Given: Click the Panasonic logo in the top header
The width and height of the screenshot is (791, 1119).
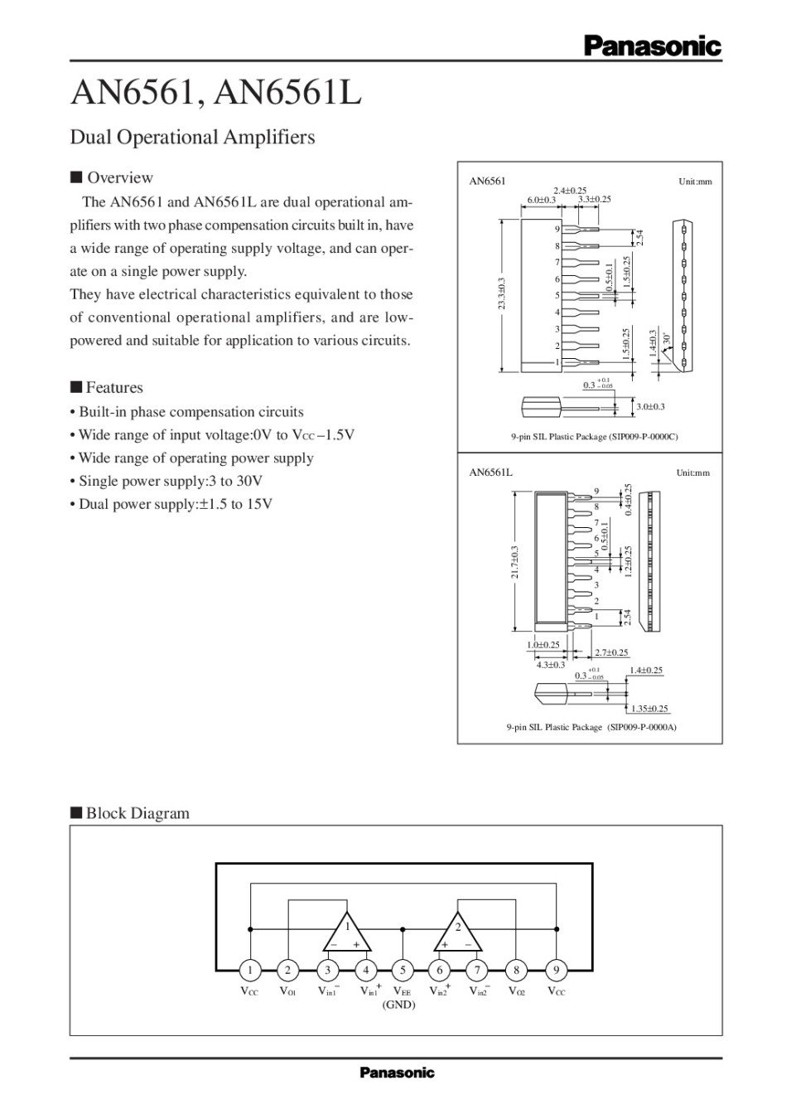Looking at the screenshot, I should [652, 47].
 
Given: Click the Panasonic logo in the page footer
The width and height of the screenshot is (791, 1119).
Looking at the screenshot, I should [397, 1073].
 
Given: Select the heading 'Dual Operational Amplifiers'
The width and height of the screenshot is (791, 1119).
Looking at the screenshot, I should [192, 137].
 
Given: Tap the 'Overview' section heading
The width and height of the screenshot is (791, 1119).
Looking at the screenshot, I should [119, 177].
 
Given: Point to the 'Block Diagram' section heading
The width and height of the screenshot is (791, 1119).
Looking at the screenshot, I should [137, 813].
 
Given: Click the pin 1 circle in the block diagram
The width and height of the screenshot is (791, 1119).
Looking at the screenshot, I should [250, 970].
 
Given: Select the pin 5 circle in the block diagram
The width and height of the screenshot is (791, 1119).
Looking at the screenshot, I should [403, 970].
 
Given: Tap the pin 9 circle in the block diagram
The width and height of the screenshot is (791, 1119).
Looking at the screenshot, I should [556, 970].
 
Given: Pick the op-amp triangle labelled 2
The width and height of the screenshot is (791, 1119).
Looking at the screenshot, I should [457, 935].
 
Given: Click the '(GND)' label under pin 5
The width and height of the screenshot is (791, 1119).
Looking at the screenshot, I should [398, 1005].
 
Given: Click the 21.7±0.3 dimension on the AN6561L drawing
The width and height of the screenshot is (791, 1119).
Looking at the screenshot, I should [515, 561].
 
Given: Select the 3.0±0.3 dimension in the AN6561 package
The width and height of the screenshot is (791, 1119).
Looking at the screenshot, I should [650, 406].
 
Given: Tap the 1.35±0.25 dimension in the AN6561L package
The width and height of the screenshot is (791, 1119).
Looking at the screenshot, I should [649, 709].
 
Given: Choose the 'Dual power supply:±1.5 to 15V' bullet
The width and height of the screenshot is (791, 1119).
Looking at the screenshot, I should [176, 504].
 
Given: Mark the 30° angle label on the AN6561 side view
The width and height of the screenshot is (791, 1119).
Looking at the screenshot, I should [666, 338].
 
